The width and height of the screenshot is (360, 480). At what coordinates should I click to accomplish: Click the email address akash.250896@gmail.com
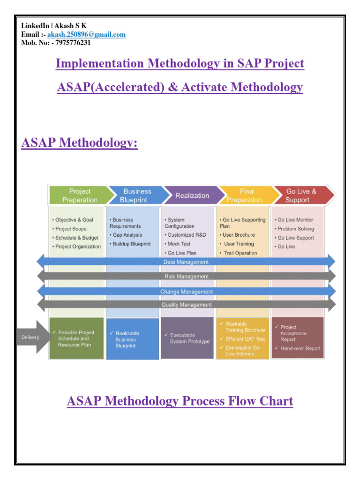coord(86,35)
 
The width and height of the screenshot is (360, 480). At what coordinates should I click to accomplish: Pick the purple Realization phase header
coord(192,195)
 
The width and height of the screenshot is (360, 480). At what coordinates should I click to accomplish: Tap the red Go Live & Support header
coord(301,195)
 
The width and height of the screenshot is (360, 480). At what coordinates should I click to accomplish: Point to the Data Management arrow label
coord(186,262)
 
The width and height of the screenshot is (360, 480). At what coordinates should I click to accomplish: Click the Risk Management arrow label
coord(186,277)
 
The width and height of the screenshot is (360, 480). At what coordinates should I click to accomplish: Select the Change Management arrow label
coord(186,292)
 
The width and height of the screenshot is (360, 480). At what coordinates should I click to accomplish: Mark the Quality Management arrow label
coord(186,305)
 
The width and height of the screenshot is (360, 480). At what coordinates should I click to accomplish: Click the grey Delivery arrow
coord(31,337)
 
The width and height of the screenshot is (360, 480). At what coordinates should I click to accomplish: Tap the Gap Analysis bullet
coord(127,235)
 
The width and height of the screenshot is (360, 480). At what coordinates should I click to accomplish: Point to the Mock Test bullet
coord(179,244)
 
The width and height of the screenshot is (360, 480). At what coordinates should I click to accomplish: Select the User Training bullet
coord(239,244)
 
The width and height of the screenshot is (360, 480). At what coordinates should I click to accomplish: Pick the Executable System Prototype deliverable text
coord(189,338)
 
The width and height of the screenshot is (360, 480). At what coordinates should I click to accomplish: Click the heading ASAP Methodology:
coord(80,142)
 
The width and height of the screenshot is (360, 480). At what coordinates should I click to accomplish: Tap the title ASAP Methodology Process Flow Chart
coord(180,401)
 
